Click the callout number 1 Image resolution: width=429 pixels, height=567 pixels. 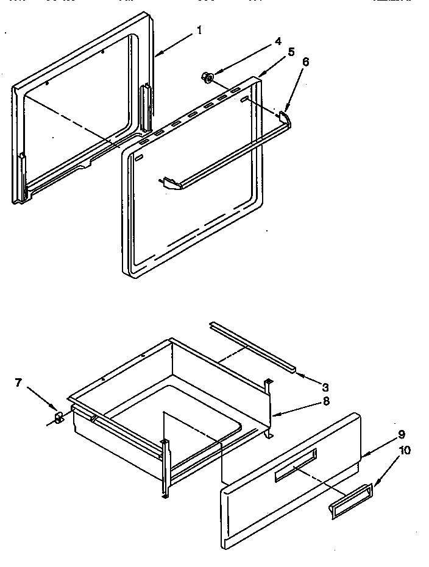[199, 30]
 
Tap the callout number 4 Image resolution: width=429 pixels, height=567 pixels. [278, 41]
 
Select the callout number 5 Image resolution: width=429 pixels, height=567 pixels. [291, 51]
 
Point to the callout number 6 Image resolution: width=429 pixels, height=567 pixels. [305, 62]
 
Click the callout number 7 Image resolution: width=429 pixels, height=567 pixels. [18, 382]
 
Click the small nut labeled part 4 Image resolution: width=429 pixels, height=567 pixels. [208, 77]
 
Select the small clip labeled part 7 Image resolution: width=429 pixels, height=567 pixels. [59, 418]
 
